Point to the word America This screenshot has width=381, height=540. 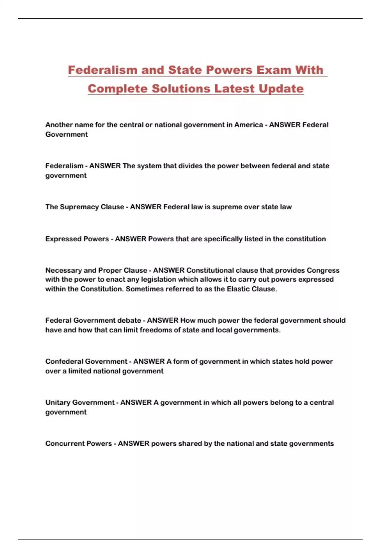pos(249,125)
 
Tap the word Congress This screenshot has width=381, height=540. pos(323,270)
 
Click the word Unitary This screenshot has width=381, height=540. pos(58,402)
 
